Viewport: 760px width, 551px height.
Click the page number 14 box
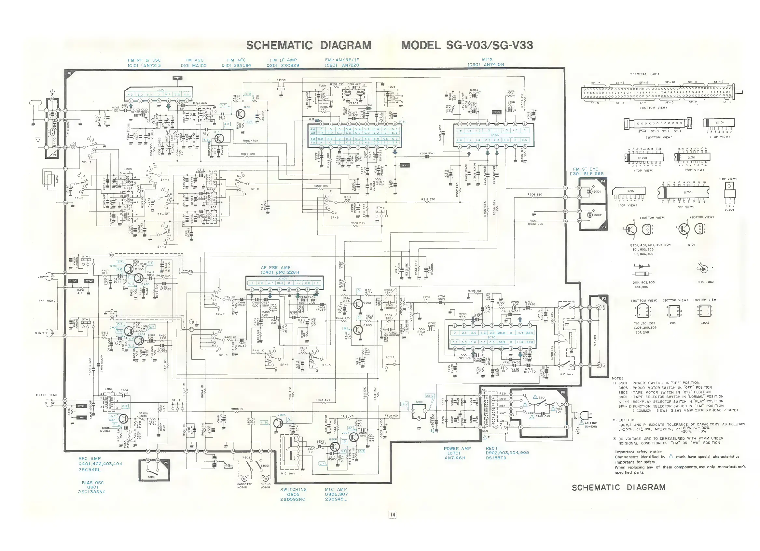point(392,514)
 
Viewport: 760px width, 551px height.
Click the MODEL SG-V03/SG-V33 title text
point(467,45)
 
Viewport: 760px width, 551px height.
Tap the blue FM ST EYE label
point(586,169)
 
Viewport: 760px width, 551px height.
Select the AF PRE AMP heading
point(276,267)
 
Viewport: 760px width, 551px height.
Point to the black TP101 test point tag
point(177,78)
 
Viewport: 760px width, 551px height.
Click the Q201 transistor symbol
point(240,114)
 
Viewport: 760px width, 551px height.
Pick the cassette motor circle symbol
point(244,478)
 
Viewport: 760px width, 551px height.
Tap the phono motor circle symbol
point(265,478)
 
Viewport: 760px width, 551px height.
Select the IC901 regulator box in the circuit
point(419,411)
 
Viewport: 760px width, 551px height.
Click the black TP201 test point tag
point(405,165)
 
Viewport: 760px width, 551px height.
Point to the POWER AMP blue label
point(457,448)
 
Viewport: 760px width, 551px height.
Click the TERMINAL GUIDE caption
point(645,74)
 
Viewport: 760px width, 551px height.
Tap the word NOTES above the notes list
point(617,378)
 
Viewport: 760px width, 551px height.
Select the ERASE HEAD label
point(46,395)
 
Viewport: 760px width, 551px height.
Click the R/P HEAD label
point(47,301)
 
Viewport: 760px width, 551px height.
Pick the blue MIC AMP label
point(336,489)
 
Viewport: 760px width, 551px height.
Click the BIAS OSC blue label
point(93,483)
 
